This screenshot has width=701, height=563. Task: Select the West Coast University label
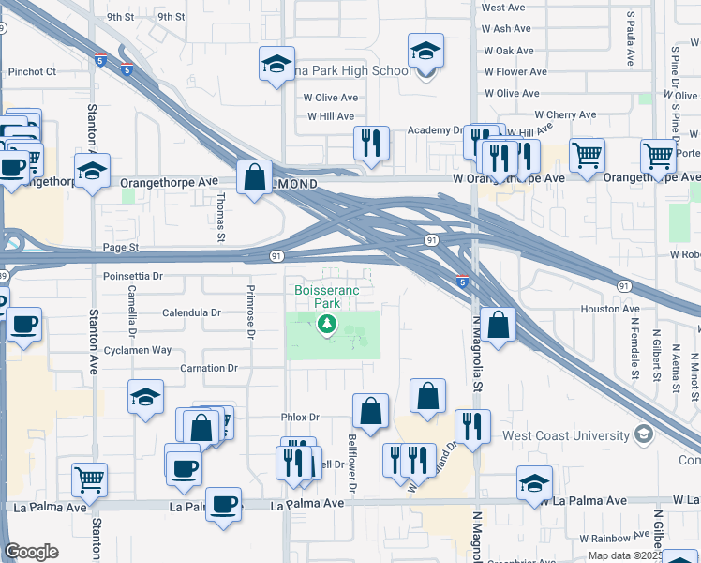[565, 435]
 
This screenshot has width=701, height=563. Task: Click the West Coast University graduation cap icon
[643, 434]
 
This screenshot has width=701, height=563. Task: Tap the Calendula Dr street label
[191, 312]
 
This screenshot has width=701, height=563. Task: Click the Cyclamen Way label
[137, 350]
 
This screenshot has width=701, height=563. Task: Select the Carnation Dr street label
[209, 369]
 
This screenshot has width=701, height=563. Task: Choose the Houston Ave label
[610, 309]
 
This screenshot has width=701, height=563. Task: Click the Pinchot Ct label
[32, 70]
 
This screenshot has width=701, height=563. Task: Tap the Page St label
[120, 248]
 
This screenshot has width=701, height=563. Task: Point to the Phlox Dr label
[300, 418]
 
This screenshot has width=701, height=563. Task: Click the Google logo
[31, 552]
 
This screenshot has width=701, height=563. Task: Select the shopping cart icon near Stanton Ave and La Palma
[90, 479]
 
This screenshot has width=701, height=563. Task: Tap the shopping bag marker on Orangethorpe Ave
[255, 176]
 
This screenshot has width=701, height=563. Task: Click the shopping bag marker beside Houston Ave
[499, 325]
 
